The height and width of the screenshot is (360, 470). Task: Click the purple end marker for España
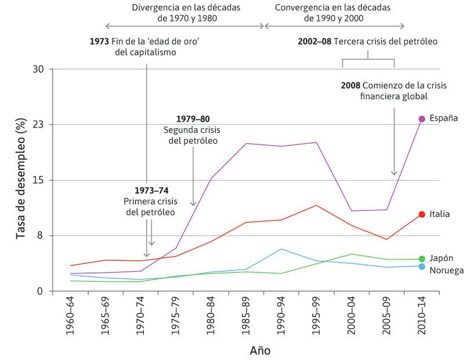(422, 118)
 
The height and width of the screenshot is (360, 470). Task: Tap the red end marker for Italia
(422, 214)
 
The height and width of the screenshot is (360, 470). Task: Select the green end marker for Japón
(422, 259)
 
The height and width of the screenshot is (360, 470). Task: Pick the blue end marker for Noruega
(422, 266)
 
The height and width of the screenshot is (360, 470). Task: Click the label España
(443, 118)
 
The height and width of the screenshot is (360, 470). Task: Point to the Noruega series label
(446, 270)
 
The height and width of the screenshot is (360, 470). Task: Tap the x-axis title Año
(260, 351)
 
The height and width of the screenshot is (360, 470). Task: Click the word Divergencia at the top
(155, 9)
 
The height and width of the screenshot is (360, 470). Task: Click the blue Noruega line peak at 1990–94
(281, 249)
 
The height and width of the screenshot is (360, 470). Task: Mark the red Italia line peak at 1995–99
(316, 205)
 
